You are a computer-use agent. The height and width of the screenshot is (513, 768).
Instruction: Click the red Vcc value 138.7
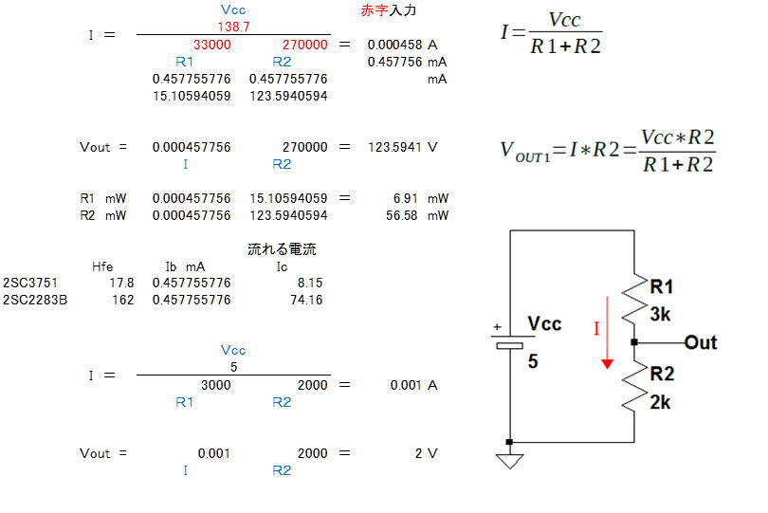click(x=233, y=27)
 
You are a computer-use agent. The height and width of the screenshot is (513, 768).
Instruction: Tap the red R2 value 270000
click(x=304, y=45)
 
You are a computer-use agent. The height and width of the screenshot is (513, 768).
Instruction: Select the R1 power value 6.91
click(x=406, y=198)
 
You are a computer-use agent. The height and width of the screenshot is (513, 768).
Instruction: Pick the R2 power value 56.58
click(x=403, y=215)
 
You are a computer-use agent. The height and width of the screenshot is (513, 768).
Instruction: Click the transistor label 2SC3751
click(x=29, y=283)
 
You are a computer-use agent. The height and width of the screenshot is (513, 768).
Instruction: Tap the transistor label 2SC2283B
click(x=35, y=300)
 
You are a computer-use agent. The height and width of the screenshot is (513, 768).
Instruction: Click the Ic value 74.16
click(x=307, y=300)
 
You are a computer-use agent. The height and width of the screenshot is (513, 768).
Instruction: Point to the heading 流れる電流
click(x=282, y=249)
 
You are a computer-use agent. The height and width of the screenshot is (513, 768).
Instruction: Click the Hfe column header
click(x=102, y=266)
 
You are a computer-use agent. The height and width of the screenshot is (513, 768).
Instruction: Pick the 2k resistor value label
click(x=661, y=401)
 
